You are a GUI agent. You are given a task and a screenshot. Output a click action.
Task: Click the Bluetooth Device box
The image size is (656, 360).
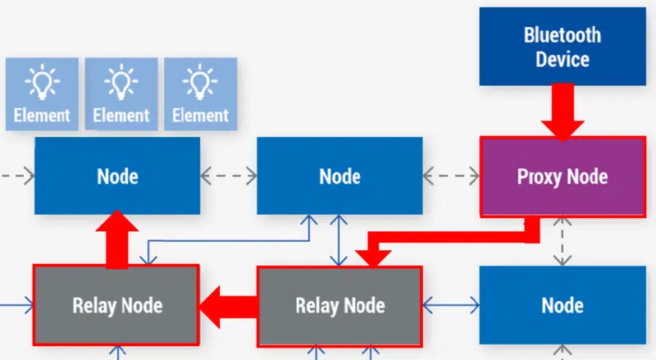coord(562,47)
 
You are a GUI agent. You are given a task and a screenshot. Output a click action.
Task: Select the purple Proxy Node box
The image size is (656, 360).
coord(562,176)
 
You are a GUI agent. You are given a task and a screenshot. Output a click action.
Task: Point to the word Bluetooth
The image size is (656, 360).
coord(562,35)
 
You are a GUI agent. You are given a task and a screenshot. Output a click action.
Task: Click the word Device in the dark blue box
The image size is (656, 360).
coord(562,59)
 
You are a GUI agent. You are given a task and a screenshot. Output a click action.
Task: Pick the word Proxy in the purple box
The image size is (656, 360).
coord(537,176)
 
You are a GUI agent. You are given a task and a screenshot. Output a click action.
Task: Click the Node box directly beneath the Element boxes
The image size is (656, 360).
coord(117,175)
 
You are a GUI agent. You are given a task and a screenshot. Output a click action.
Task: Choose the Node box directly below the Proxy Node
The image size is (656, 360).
coord(562,306)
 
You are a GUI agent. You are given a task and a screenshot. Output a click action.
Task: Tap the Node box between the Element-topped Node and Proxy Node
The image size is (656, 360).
coord(339,175)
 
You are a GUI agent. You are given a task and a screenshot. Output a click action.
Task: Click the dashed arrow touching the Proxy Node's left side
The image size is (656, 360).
coord(451,175)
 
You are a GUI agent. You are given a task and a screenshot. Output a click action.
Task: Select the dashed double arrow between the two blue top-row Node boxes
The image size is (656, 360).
coord(229,175)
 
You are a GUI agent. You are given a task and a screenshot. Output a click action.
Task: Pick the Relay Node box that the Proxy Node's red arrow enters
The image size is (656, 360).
coord(339,306)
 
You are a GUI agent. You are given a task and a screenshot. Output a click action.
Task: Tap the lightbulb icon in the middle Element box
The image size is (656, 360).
coord(121,83)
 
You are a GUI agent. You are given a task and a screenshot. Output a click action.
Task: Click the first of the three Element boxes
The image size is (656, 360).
coord(42,94)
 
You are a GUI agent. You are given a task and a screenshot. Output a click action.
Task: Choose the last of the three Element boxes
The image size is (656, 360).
coord(200,94)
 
